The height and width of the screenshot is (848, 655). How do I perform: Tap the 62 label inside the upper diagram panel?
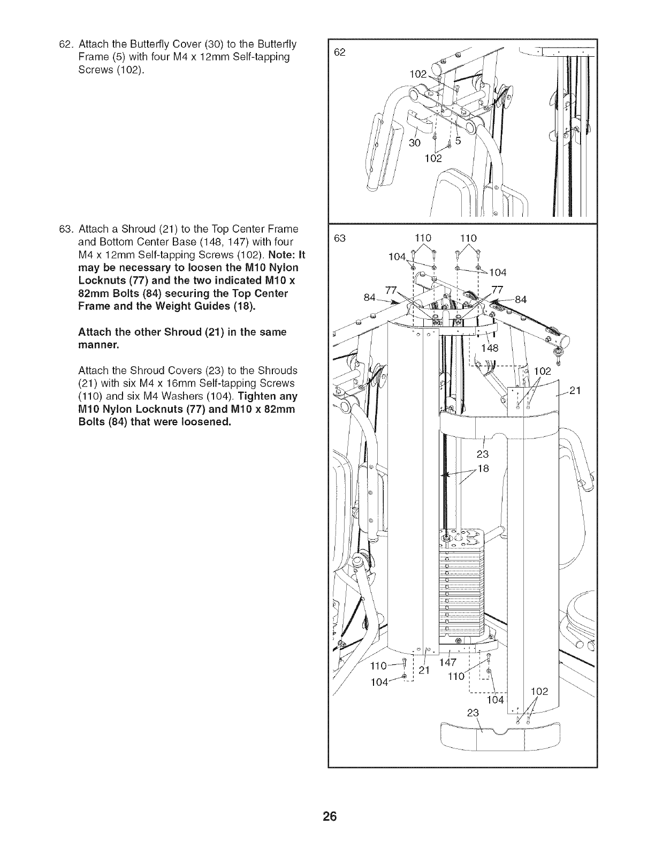tap(340, 52)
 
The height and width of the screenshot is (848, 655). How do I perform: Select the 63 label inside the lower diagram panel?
tap(340, 238)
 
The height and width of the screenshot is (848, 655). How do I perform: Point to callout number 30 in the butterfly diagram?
tap(414, 143)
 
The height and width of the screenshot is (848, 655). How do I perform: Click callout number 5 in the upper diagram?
tap(458, 142)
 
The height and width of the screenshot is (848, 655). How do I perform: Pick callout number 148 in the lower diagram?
tap(489, 349)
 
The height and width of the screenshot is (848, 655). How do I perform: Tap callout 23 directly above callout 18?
tap(482, 455)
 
